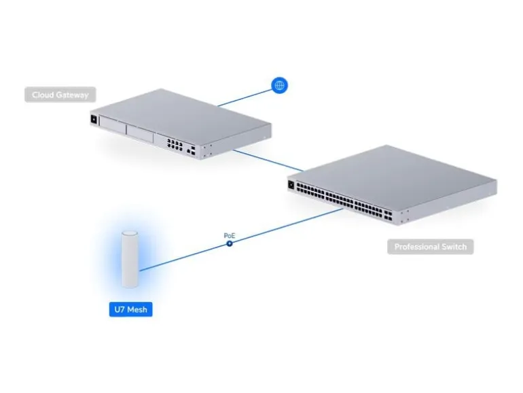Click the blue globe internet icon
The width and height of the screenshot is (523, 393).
[279, 86]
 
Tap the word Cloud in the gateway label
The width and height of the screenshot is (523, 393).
[43, 95]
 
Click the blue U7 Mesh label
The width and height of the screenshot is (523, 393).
[130, 309]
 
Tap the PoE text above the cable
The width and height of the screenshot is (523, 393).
[230, 236]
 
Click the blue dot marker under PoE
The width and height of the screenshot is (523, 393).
[230, 243]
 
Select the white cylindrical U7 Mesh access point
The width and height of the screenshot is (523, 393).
[130, 259]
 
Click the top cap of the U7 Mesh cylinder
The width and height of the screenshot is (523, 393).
[130, 233]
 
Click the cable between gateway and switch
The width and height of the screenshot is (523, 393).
[268, 160]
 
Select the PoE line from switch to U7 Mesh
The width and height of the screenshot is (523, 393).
[241, 240]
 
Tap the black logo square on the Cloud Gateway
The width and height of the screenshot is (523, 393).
[94, 119]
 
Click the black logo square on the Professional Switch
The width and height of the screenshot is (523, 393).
[291, 185]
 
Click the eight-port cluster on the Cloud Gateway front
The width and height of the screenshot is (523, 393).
[175, 144]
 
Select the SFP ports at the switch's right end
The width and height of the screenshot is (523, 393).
[388, 216]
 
